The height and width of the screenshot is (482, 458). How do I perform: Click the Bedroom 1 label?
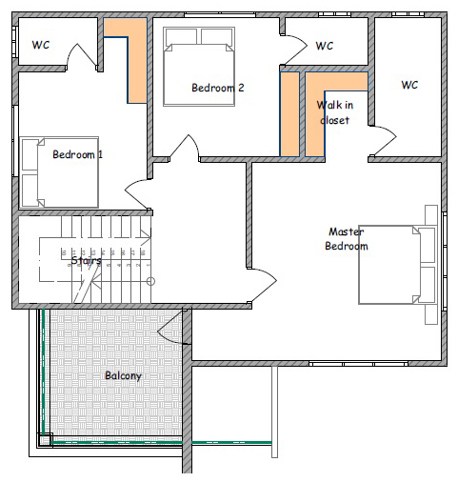tap(78, 154)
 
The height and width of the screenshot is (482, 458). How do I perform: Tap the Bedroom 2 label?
tap(218, 88)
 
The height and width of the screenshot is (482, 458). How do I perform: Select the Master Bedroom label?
tap(347, 239)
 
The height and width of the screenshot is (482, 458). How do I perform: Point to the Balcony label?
tap(123, 376)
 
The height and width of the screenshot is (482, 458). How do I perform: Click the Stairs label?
tap(86, 261)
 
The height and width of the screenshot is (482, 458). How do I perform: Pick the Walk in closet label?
tap(335, 112)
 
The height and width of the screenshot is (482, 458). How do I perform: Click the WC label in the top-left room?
tap(41, 45)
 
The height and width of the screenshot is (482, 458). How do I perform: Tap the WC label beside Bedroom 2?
tap(325, 46)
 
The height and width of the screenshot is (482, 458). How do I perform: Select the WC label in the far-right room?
tap(409, 85)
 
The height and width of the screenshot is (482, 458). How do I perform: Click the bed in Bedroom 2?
tap(199, 67)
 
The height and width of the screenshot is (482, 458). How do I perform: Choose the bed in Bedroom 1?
tap(59, 172)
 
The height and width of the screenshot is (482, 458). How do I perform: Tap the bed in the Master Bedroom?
tap(398, 265)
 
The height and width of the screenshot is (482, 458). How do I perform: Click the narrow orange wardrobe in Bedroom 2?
tap(289, 114)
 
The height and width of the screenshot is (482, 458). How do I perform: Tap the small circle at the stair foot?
tap(151, 281)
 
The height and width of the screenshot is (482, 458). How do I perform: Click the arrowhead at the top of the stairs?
tap(146, 237)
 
